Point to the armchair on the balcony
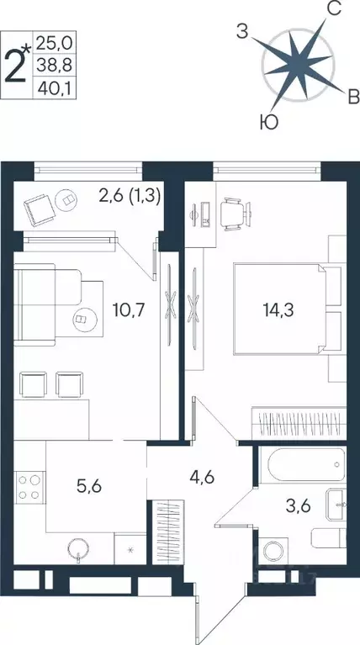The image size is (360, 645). pyautogui.click(x=38, y=207)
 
